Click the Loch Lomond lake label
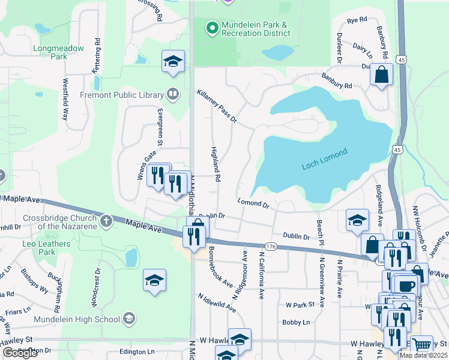coord(324,159)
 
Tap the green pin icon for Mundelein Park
coord(211,28)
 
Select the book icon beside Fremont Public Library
coord(173,94)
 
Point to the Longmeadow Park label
coord(59,52)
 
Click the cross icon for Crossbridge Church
coord(106,221)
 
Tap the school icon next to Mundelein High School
coord(128,319)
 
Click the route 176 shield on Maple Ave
coord(269,246)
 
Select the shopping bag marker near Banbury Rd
coord(381,76)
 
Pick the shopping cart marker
coord(423,345)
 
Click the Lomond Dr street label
coord(253,204)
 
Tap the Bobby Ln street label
coord(296,322)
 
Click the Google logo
coord(20,353)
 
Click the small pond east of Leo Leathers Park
coord(131,257)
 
